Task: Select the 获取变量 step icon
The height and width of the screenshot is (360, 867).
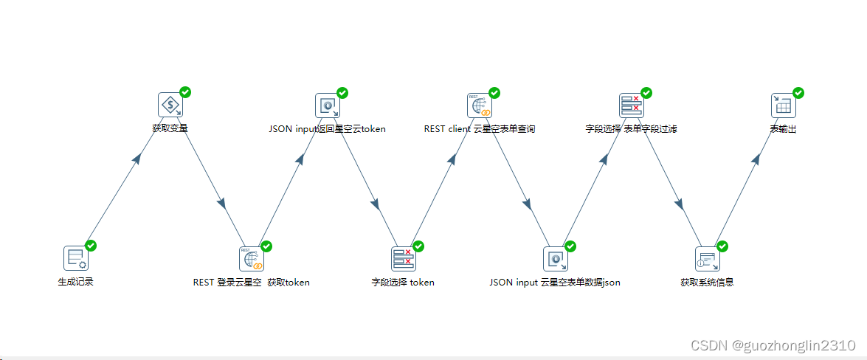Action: [x=170, y=105]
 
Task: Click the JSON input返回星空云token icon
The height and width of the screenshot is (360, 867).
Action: [x=327, y=105]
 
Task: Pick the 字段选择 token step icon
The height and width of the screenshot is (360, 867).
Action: [x=403, y=259]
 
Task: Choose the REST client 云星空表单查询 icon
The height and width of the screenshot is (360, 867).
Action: [x=479, y=105]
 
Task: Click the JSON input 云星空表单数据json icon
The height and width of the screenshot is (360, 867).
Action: [x=555, y=259]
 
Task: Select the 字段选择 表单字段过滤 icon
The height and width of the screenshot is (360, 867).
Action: [x=631, y=105]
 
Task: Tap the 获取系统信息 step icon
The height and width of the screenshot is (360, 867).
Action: [x=707, y=259]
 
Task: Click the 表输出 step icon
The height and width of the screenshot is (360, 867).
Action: [x=783, y=105]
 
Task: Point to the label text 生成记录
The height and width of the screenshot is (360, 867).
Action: [x=75, y=282]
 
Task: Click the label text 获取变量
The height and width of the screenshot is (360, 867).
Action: [x=170, y=128]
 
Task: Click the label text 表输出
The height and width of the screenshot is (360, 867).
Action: [x=783, y=128]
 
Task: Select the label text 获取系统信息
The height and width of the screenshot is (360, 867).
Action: [x=707, y=282]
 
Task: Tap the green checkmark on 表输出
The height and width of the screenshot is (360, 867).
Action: [x=798, y=93]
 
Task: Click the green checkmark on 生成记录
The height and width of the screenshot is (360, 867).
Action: [x=91, y=246]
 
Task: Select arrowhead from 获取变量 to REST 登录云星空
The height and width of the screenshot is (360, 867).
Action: [x=221, y=202]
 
